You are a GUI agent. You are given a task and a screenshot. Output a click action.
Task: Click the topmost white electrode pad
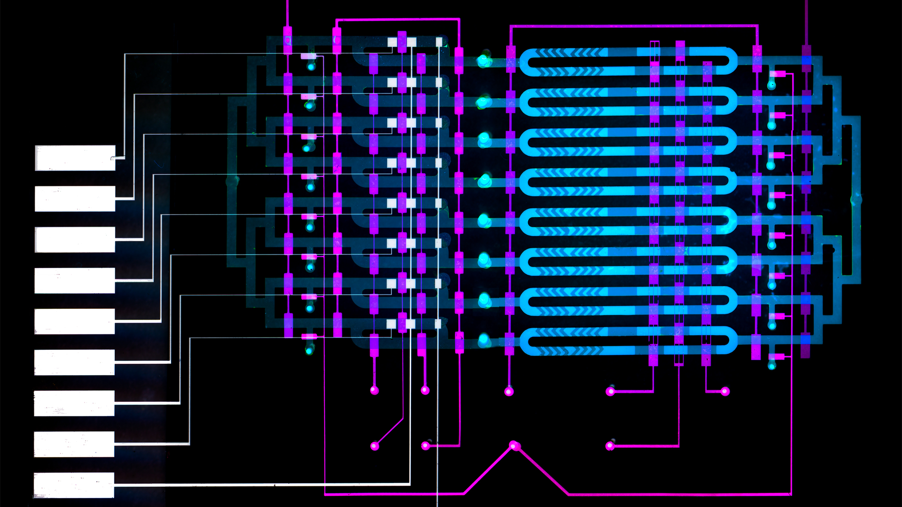coord(75,158)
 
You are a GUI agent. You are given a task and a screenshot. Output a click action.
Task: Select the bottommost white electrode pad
coord(74,485)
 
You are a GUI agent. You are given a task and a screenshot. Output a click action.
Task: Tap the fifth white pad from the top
coord(75,322)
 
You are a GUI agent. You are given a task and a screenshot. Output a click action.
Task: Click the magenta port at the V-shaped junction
coord(514,445)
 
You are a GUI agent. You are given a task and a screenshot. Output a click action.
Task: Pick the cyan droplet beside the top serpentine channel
coord(483,61)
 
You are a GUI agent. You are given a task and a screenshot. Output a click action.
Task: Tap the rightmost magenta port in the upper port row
coord(725,391)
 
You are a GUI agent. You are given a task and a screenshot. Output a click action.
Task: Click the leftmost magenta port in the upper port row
coord(374,390)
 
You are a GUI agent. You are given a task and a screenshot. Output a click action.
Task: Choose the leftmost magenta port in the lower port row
coord(374,446)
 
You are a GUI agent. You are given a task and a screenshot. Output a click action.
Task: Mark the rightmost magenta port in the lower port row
coord(610,446)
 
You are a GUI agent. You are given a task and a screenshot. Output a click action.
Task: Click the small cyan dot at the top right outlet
coord(771,85)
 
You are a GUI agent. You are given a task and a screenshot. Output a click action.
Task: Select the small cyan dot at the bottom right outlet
coord(772,365)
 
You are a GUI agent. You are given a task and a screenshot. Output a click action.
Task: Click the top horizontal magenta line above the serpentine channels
coord(634,26)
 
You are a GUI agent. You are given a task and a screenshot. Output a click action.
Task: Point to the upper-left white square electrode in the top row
coord(392,42)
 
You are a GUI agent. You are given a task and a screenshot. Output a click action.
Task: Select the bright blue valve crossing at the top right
coord(807,60)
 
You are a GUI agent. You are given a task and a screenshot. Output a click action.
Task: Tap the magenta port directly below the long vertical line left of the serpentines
coord(509,391)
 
